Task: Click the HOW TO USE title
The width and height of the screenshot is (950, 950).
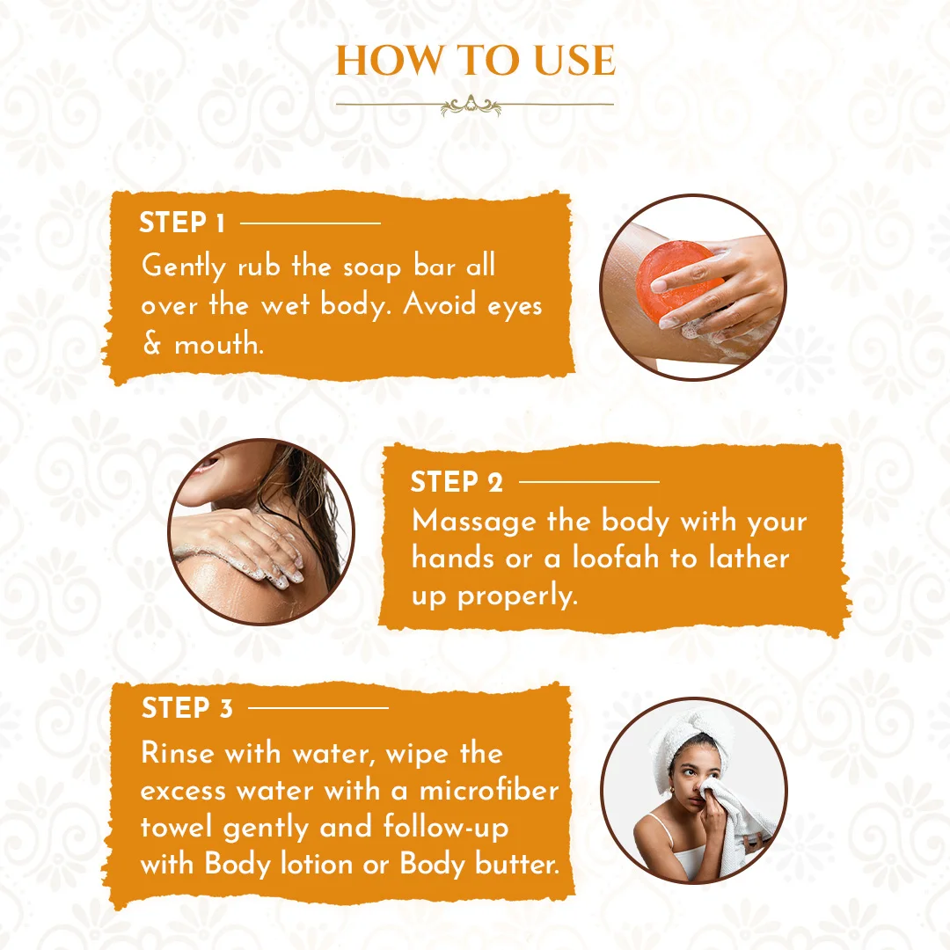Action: (x=475, y=60)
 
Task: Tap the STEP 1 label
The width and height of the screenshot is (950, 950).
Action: (x=182, y=223)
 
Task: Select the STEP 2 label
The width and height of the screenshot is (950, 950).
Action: (x=457, y=482)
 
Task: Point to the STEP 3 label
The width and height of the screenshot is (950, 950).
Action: (x=187, y=708)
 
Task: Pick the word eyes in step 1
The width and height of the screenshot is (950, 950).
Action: (x=509, y=305)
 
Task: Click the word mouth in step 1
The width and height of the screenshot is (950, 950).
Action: (x=217, y=344)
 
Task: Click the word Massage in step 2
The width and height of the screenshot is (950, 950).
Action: (x=474, y=521)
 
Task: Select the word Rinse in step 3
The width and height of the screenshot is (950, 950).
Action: (x=178, y=753)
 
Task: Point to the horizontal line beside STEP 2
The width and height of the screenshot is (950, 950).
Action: (x=588, y=482)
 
